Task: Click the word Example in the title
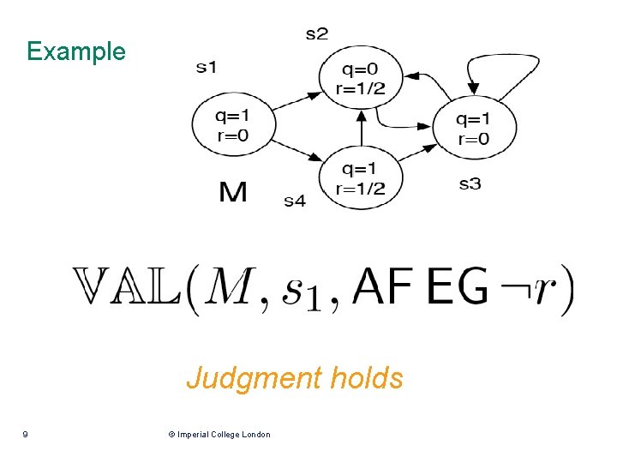click(75, 51)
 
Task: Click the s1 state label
click(207, 67)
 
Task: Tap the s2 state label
click(316, 34)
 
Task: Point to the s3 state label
click(470, 183)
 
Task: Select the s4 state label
click(294, 201)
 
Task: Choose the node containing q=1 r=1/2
click(361, 176)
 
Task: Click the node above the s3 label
click(474, 127)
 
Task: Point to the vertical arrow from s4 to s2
click(362, 129)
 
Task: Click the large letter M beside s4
click(233, 192)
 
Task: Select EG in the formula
click(457, 287)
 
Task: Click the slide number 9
click(26, 435)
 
